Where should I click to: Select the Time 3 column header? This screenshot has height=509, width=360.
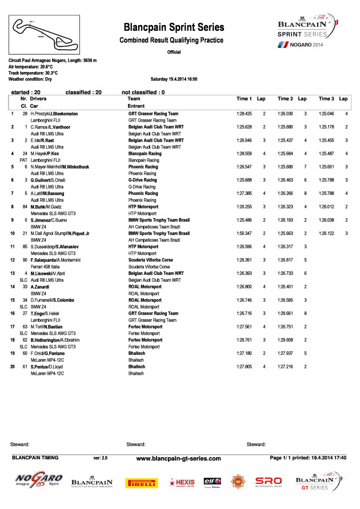click(326, 99)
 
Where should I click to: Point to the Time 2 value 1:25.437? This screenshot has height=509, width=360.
click(285, 140)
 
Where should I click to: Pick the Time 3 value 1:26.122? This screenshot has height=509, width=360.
click(326, 233)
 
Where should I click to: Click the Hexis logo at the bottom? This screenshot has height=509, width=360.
click(182, 482)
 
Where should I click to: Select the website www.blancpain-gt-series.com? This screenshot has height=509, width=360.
click(178, 458)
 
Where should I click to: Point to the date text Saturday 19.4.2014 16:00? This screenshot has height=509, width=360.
click(174, 79)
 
